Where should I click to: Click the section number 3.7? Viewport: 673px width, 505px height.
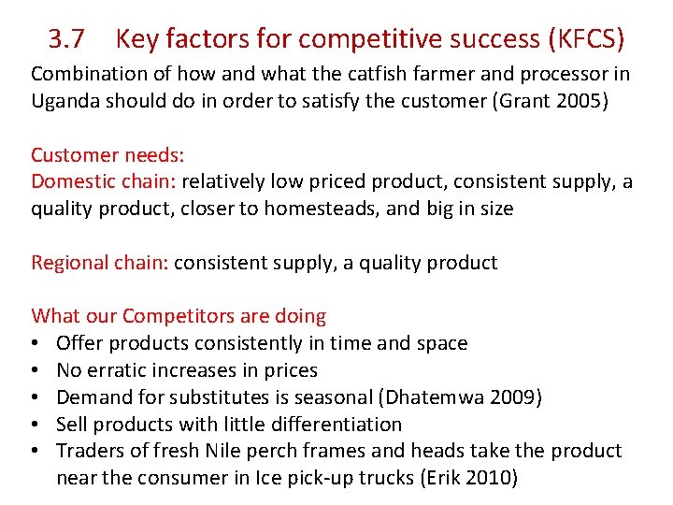pyautogui.click(x=66, y=39)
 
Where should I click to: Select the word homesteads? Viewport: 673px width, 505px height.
pyautogui.click(x=321, y=209)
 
